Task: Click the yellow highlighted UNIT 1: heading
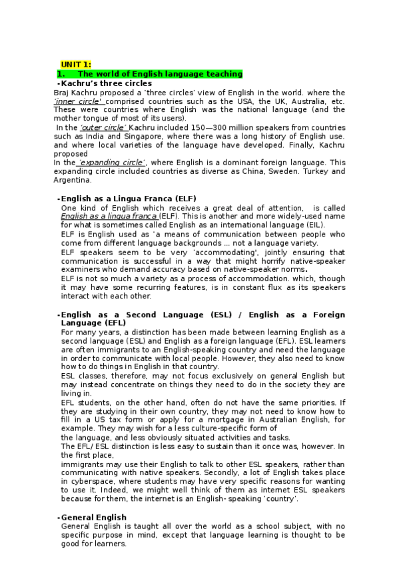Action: point(76,64)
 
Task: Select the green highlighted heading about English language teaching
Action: point(151,74)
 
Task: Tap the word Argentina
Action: point(73,180)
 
